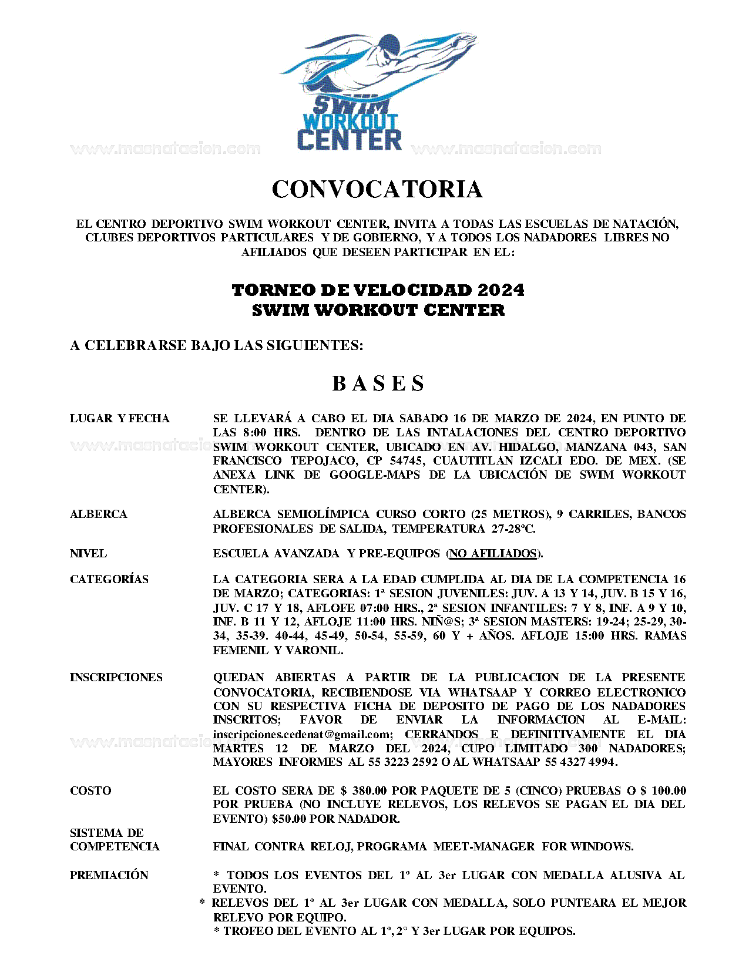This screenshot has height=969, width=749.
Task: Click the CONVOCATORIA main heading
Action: tap(377, 189)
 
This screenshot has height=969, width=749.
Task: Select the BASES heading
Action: tap(378, 383)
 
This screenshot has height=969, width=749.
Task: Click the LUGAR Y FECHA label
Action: tap(119, 419)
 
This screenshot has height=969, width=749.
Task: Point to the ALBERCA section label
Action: tap(98, 514)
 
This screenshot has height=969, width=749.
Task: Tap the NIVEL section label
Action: tap(88, 554)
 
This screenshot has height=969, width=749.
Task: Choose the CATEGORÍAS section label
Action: tap(109, 580)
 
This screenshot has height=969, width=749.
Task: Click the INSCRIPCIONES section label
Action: tap(116, 678)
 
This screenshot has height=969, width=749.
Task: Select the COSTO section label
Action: tap(90, 791)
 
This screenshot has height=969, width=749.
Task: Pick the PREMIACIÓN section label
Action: tap(109, 876)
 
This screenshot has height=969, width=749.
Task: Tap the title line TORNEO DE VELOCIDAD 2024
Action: tap(378, 290)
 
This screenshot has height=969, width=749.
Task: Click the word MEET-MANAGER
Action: tap(484, 847)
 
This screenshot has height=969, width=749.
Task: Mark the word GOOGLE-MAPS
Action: tap(374, 475)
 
